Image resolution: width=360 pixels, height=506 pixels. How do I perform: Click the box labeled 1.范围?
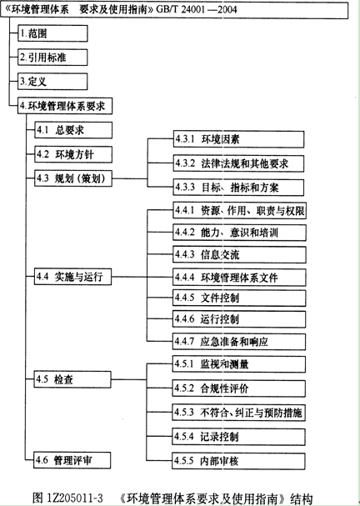[52, 33]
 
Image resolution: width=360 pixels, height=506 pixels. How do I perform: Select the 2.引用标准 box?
[52, 58]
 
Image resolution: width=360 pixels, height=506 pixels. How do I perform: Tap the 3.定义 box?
[52, 82]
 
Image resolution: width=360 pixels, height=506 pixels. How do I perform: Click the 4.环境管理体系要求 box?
[65, 106]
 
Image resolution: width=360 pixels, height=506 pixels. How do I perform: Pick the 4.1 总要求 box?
[73, 130]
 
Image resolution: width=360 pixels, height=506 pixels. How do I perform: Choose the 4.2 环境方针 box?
[73, 154]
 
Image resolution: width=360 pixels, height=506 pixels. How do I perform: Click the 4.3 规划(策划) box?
[73, 178]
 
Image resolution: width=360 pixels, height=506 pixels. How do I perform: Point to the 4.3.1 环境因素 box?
[238, 139]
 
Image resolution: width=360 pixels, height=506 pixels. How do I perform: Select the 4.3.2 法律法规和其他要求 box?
[238, 163]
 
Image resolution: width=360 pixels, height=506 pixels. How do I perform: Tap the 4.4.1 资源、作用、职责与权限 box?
[240, 211]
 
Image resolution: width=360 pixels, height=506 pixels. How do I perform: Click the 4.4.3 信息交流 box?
[240, 254]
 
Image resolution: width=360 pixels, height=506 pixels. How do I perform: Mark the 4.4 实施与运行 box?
[73, 277]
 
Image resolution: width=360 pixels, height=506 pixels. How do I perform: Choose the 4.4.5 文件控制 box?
[239, 298]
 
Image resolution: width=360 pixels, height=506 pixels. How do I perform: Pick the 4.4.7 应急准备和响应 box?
[239, 342]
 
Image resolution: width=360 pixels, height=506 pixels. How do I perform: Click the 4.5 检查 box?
[72, 379]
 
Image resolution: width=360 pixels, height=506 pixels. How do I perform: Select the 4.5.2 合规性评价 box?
[239, 388]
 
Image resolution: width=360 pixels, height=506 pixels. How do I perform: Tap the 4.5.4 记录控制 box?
[238, 437]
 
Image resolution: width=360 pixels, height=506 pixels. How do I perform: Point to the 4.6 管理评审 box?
[72, 460]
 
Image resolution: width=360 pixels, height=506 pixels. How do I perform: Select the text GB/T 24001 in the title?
[180, 9]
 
